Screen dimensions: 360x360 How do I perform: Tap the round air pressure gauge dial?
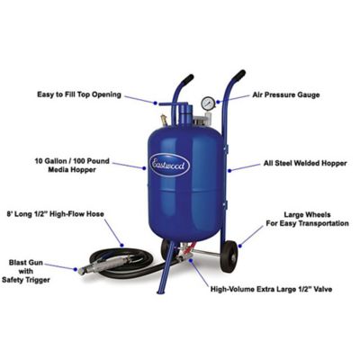tap(208, 103)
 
